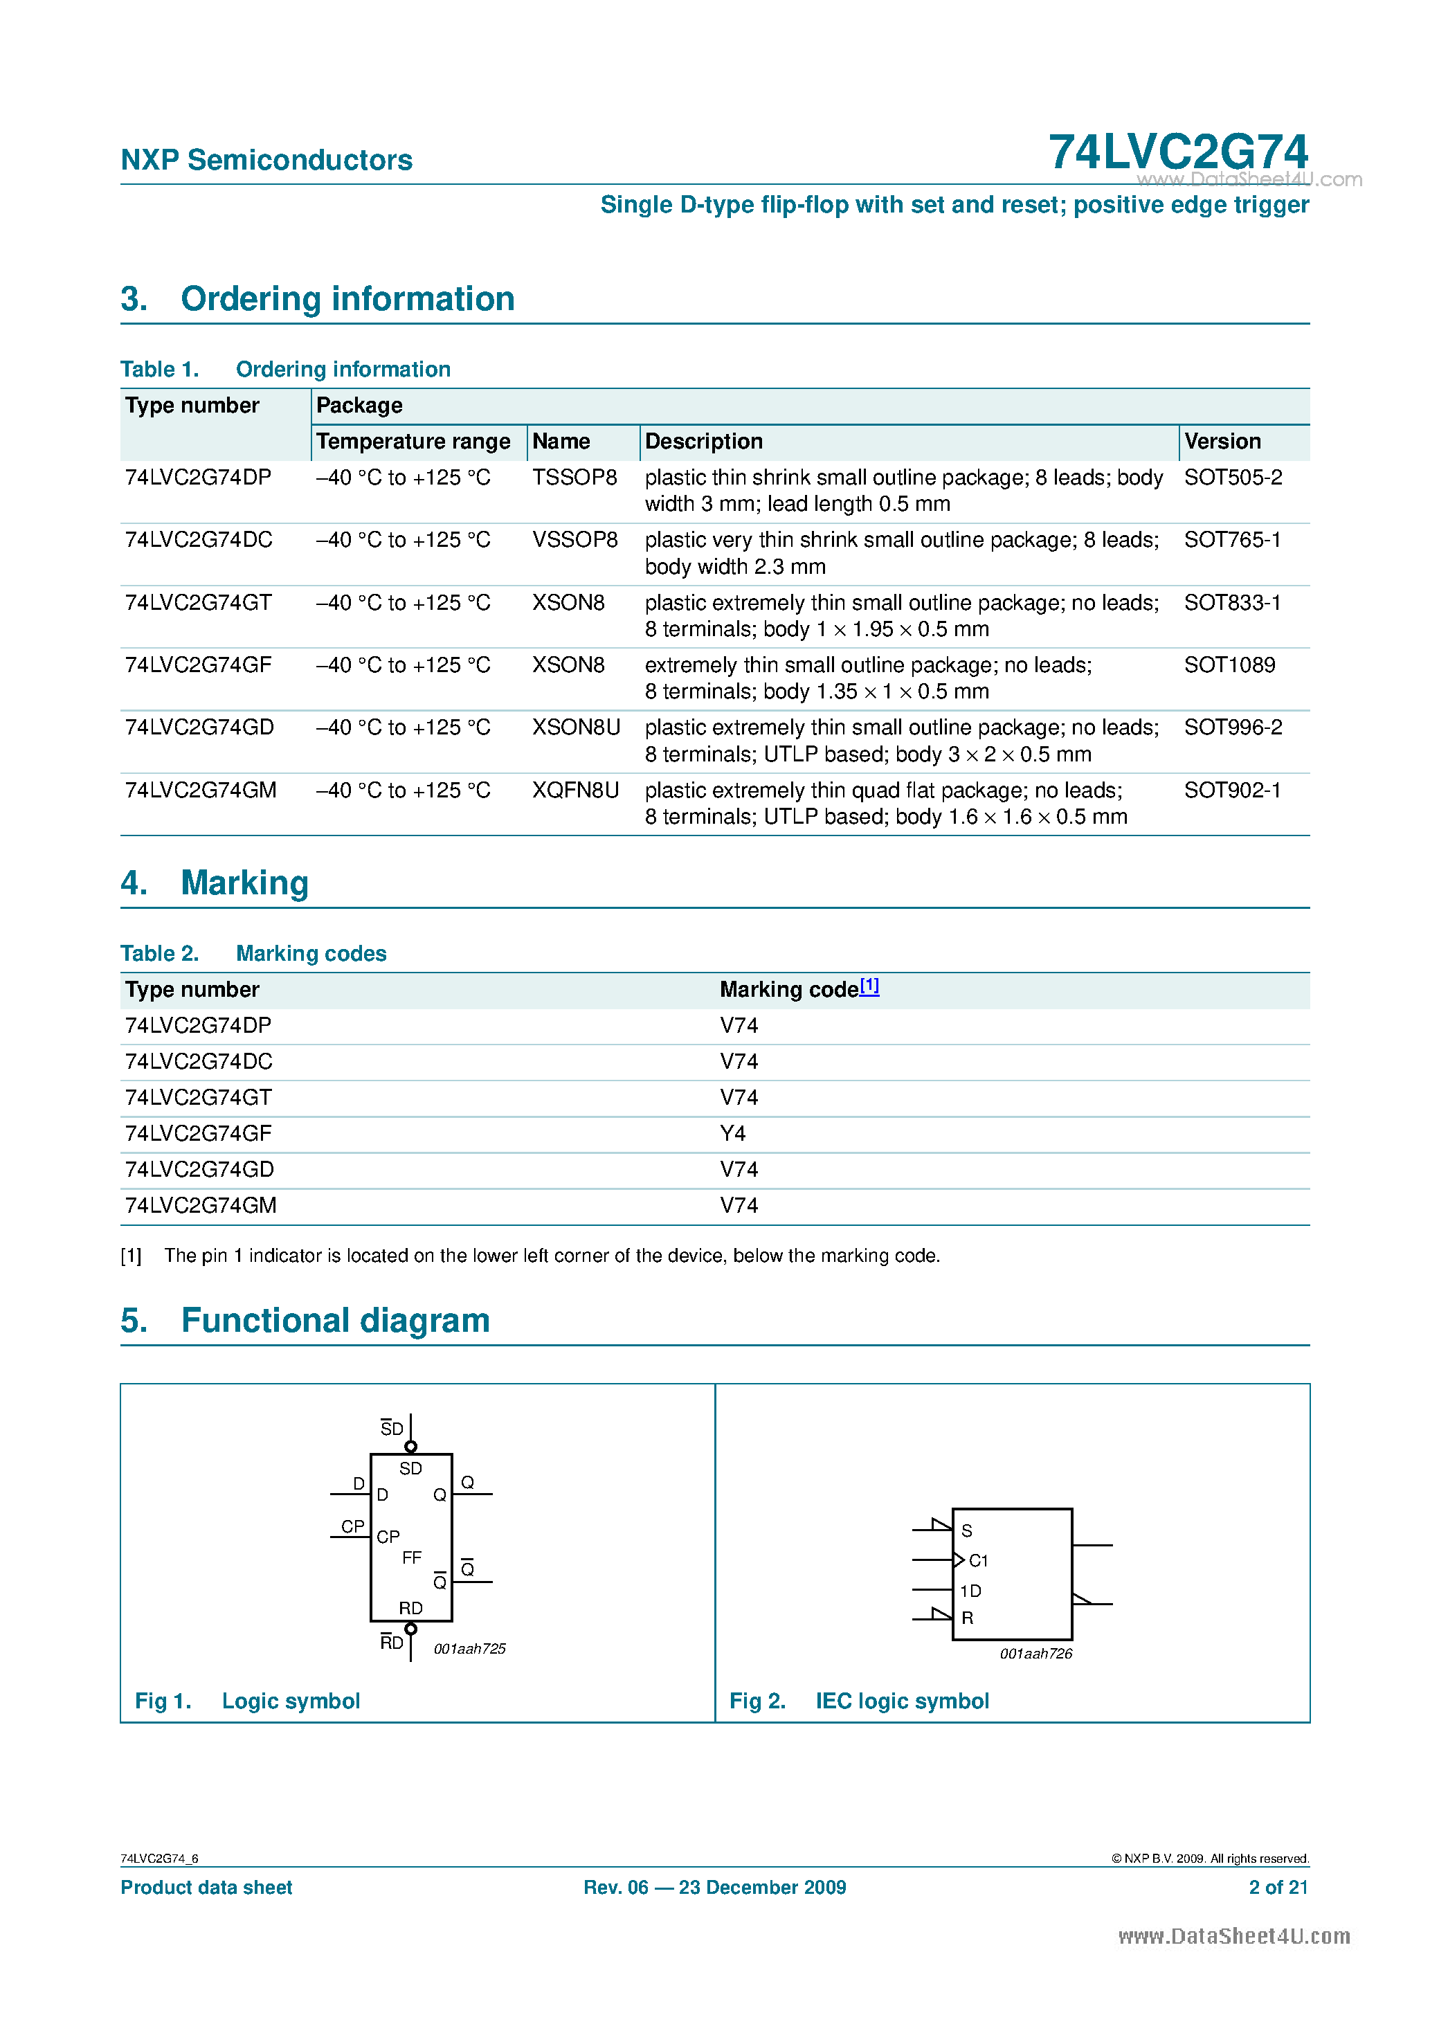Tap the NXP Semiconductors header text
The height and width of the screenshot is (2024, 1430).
point(266,160)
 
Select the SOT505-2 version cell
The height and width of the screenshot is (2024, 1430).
point(1233,477)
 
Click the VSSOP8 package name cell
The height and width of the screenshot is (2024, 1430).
point(574,539)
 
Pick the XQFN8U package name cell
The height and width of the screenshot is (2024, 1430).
point(574,790)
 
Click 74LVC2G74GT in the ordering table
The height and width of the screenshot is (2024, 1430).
point(199,602)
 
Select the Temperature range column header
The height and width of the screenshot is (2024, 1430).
point(413,441)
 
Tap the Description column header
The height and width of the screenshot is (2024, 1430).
point(703,441)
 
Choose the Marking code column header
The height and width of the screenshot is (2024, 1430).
point(788,989)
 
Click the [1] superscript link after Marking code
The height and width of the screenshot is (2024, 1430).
point(869,986)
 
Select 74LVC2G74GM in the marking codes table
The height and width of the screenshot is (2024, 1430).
point(200,1205)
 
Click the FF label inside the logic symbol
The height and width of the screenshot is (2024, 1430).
point(412,1557)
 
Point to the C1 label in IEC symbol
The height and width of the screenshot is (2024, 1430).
point(978,1560)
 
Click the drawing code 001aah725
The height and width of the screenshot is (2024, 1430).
point(469,1648)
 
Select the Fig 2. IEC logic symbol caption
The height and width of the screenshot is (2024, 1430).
point(859,1701)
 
